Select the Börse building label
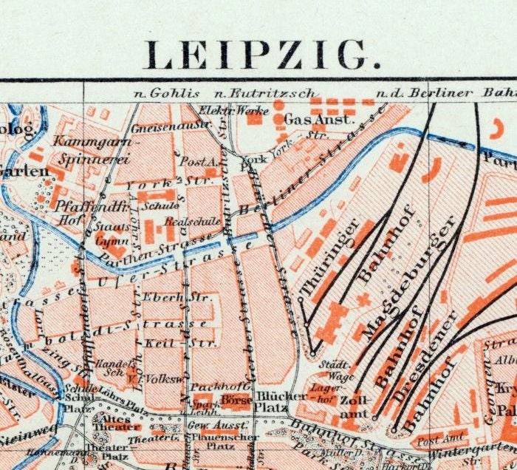pyautogui.click(x=236, y=403)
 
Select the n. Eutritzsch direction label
pyautogui.click(x=263, y=93)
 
